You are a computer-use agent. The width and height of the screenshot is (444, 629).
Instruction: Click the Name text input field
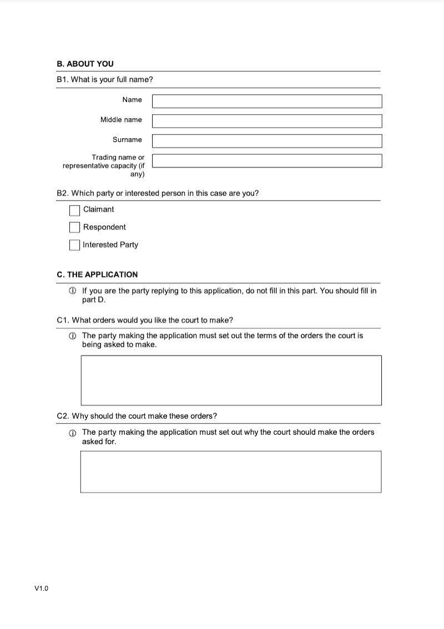point(267,101)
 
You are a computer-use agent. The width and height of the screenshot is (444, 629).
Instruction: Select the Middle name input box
point(267,121)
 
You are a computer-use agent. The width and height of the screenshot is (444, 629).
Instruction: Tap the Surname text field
point(267,141)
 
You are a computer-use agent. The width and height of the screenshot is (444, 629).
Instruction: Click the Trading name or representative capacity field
point(267,161)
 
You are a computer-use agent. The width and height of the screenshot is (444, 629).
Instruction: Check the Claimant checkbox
point(74,210)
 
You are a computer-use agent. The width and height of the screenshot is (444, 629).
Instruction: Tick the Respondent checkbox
point(74,228)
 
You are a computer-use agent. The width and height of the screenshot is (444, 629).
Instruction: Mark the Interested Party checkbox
point(74,245)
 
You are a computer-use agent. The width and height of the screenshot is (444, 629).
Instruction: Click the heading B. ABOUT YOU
point(85,64)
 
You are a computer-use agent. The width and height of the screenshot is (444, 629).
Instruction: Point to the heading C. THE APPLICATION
point(97,274)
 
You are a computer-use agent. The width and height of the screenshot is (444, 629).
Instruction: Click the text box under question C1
point(231,380)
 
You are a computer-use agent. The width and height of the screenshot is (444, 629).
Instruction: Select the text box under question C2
point(231,472)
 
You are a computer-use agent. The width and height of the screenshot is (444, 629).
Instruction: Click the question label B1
point(105,79)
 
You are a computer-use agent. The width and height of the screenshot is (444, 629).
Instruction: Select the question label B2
point(158,193)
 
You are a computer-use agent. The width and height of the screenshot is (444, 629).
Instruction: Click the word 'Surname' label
point(127,140)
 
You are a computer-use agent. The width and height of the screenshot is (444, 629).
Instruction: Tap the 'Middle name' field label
point(121,120)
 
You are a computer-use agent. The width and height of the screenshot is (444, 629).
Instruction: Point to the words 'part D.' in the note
point(94,300)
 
